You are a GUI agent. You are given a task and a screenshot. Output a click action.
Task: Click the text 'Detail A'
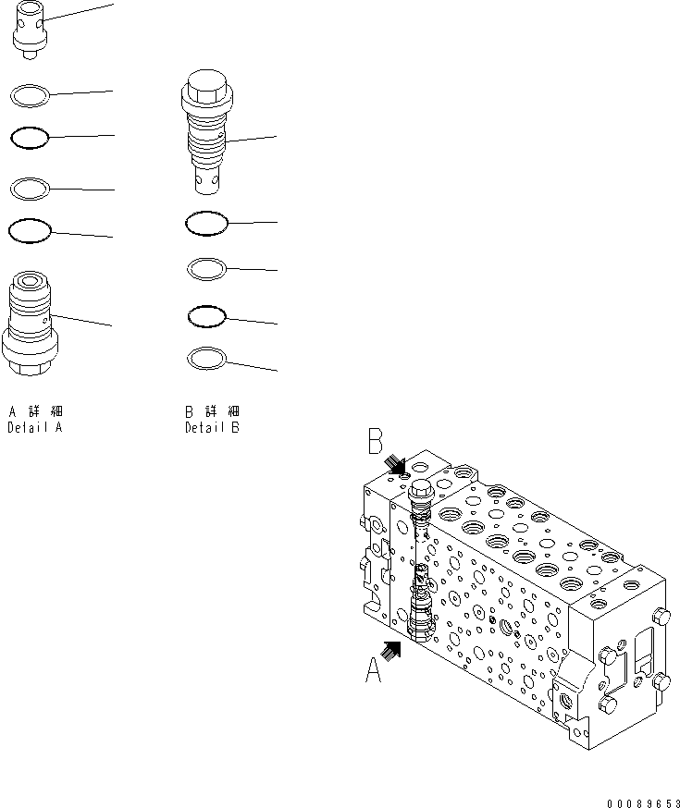point(35,428)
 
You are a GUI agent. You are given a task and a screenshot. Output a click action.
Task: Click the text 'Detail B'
point(212,428)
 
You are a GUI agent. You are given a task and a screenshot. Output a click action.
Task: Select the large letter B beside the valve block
point(375,442)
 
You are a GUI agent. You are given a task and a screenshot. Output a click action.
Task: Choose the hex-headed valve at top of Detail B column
point(207,134)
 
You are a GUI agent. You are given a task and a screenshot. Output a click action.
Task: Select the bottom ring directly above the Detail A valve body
point(29,230)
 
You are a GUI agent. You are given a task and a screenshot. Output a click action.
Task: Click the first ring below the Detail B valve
point(205,223)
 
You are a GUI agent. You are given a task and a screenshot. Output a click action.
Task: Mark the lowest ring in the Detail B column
point(205,358)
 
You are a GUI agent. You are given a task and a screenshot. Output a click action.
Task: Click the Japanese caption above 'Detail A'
point(35,410)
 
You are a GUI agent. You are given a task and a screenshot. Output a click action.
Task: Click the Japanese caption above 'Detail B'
point(212,410)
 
